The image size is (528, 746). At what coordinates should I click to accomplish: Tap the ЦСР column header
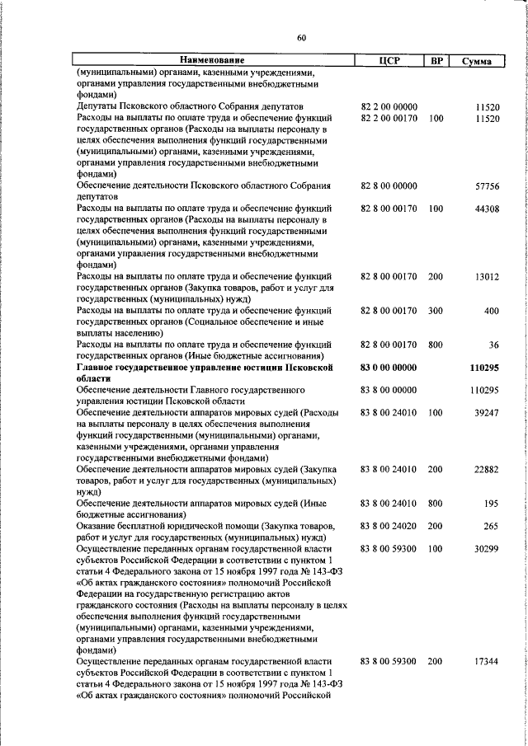click(389, 60)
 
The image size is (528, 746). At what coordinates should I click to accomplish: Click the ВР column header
click(436, 60)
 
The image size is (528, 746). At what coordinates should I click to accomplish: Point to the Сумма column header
click(478, 61)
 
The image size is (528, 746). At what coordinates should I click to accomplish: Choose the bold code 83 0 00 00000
click(389, 367)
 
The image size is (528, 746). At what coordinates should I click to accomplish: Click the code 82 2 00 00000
click(389, 107)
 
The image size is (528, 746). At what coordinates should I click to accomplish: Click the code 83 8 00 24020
click(389, 525)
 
